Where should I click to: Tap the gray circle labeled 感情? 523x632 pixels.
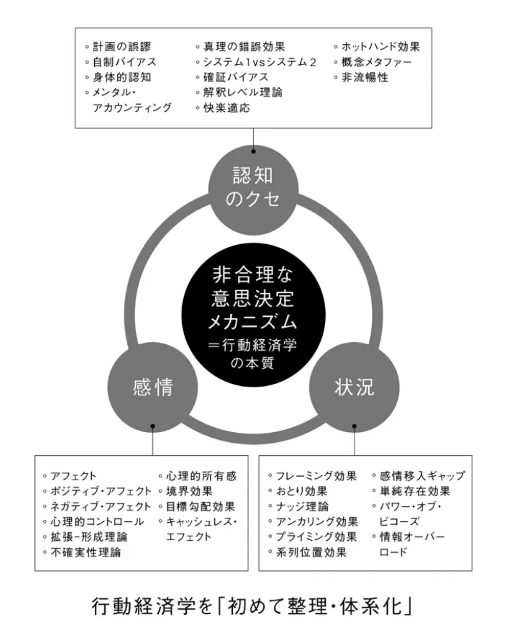pyautogui.click(x=153, y=387)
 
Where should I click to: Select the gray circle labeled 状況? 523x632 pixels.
pyautogui.click(x=354, y=387)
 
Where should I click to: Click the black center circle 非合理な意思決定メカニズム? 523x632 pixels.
pyautogui.click(x=253, y=315)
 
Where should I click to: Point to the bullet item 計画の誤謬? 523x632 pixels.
pyautogui.click(x=122, y=47)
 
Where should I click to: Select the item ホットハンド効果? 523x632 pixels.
pyautogui.click(x=381, y=47)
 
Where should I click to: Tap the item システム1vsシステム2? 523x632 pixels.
pyautogui.click(x=260, y=62)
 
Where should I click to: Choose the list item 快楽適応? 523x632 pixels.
pyautogui.click(x=227, y=107)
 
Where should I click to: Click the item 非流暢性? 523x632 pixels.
pyautogui.click(x=365, y=77)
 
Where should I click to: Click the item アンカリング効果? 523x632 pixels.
pyautogui.click(x=317, y=521)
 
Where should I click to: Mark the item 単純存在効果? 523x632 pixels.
pyautogui.click(x=415, y=491)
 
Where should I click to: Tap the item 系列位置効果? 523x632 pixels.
pyautogui.click(x=311, y=552)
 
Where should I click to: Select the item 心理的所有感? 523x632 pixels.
pyautogui.click(x=202, y=476)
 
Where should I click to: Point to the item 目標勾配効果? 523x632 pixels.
pyautogui.click(x=201, y=506)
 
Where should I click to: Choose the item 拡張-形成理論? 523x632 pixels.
pyautogui.click(x=89, y=537)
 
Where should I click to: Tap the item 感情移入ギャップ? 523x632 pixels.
pyautogui.click(x=423, y=476)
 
